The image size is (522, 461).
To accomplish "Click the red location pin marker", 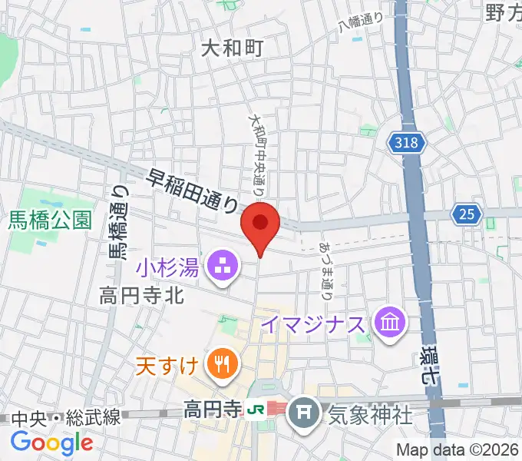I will tap(260, 224).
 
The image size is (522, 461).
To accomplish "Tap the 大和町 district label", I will tap(232, 49).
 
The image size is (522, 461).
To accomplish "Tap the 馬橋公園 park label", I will tap(51, 221).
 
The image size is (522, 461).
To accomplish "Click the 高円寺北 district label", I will tap(141, 295).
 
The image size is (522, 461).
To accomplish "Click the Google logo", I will tap(51, 442).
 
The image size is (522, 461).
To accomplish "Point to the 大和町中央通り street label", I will tap(256, 153).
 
